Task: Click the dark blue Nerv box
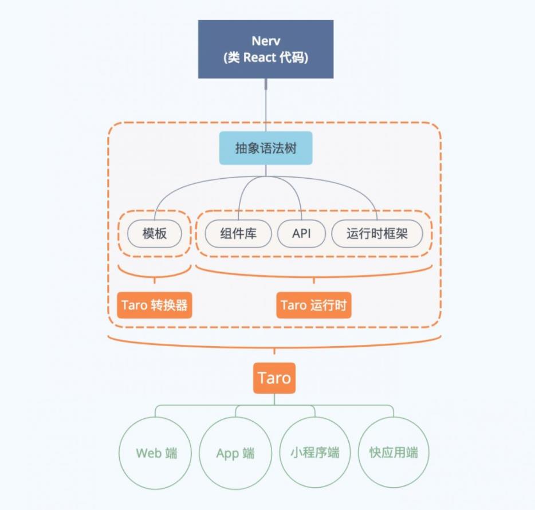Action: coord(266,49)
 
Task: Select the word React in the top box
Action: coord(259,58)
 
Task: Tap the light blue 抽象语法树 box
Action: coord(266,148)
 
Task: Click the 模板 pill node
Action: coord(155,234)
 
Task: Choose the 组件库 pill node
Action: coord(238,234)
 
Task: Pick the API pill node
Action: coord(302,234)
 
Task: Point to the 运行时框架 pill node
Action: coord(377,234)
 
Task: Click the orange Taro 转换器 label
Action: coord(155,305)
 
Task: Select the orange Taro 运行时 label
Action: coord(314,305)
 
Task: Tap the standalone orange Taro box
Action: coord(274,378)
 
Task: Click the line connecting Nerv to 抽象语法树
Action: coord(266,105)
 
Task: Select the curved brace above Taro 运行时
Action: coord(314,276)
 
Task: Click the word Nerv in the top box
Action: coord(266,41)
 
